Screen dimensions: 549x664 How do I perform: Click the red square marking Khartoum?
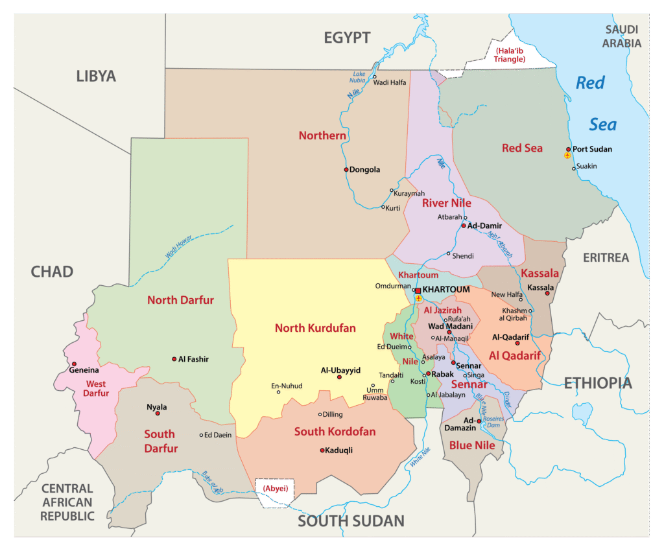click(x=418, y=290)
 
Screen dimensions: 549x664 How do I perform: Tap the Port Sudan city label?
click(x=592, y=149)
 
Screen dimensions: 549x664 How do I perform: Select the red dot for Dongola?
click(x=346, y=170)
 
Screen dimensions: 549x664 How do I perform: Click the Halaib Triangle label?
click(x=509, y=54)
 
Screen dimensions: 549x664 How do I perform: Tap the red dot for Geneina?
click(x=74, y=364)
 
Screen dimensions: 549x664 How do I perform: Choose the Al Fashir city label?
click(x=194, y=358)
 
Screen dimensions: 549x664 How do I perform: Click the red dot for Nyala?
click(x=156, y=415)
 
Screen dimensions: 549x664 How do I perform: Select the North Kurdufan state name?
click(x=315, y=328)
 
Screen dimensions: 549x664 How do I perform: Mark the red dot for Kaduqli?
click(x=322, y=450)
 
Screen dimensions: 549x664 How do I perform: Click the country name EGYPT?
click(x=347, y=38)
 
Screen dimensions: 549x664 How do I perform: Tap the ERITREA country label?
click(x=606, y=257)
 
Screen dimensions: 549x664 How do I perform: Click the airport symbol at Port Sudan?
click(x=567, y=156)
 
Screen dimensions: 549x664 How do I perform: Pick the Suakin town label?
click(x=587, y=167)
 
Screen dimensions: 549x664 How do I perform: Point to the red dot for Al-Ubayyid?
click(x=339, y=377)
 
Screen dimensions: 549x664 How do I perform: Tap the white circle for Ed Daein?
click(x=202, y=435)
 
